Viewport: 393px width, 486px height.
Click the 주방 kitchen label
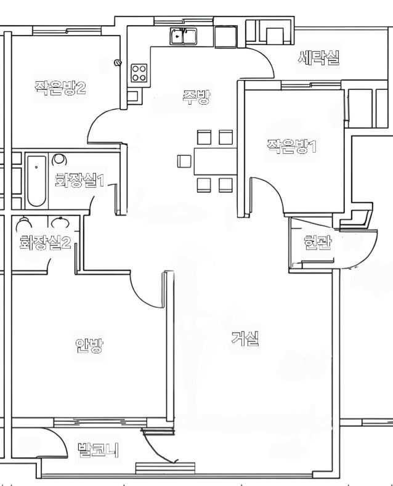tap(196, 97)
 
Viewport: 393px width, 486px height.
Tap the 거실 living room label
tap(245, 338)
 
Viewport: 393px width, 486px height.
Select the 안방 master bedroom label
tap(89, 346)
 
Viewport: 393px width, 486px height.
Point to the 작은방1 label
tap(291, 146)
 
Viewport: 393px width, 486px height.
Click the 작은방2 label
tap(60, 88)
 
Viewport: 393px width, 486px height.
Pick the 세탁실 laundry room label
tap(318, 58)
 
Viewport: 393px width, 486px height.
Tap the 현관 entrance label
tap(318, 243)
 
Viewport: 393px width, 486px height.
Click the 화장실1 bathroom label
tap(79, 180)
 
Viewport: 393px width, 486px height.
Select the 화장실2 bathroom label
tap(45, 242)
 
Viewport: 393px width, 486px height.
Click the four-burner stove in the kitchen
tap(139, 73)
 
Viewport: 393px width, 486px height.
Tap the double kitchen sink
tap(183, 36)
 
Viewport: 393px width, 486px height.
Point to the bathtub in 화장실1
tap(36, 181)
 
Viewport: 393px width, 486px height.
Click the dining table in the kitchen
tap(216, 161)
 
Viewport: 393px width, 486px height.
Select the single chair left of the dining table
tap(184, 161)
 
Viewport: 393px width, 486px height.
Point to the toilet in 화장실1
tap(59, 160)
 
